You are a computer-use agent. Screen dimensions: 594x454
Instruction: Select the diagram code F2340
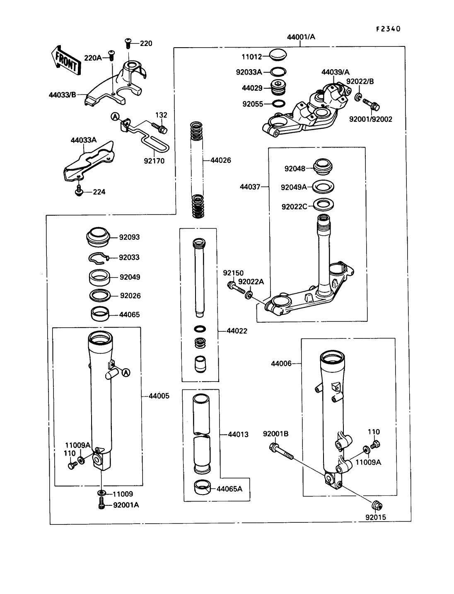coord(388,29)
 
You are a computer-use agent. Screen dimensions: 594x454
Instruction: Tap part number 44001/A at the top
coord(301,37)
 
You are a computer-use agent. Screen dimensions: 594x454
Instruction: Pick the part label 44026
coord(221,160)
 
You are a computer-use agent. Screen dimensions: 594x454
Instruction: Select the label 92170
coord(154,161)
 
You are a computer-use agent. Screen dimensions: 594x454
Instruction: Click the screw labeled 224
coord(79,191)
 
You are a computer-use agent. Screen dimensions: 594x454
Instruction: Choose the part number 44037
coord(250,187)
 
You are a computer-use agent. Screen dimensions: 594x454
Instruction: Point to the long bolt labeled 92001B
coord(281,452)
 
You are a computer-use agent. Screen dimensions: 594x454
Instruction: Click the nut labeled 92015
coord(377,505)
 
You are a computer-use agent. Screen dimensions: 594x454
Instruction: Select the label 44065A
coord(229,489)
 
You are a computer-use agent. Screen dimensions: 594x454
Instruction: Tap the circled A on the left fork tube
coord(126,372)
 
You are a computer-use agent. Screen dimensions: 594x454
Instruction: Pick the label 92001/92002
coord(371,119)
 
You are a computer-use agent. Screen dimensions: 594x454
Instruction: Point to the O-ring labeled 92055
coord(279,104)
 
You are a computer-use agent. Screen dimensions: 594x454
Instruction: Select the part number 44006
coord(281,364)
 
